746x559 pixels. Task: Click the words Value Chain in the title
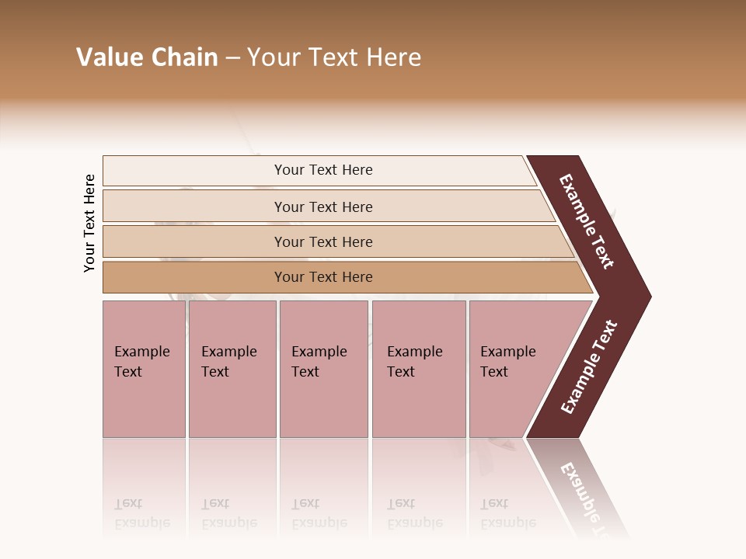(x=147, y=57)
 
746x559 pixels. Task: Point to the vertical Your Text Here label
(x=89, y=223)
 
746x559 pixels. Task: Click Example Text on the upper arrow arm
(x=587, y=221)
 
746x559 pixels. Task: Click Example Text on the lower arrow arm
(x=589, y=367)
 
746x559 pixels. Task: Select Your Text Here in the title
(x=334, y=57)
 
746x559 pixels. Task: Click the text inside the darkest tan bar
(x=323, y=277)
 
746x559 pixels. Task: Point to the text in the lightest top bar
(x=323, y=170)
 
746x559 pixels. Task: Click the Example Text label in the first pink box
(x=141, y=362)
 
